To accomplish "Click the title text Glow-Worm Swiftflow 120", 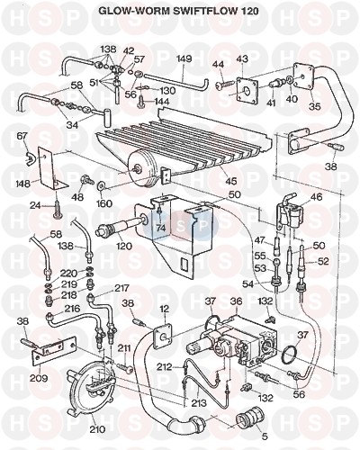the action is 178,11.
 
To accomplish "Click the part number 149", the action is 184,58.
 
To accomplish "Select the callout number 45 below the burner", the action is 230,181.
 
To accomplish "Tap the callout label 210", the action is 97,429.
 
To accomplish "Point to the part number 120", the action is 124,247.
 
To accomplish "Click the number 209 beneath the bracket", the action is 39,378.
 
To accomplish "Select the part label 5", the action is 264,436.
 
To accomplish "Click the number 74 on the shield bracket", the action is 161,228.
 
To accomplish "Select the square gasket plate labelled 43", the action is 247,90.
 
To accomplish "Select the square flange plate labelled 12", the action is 163,336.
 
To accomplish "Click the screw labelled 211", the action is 125,368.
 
